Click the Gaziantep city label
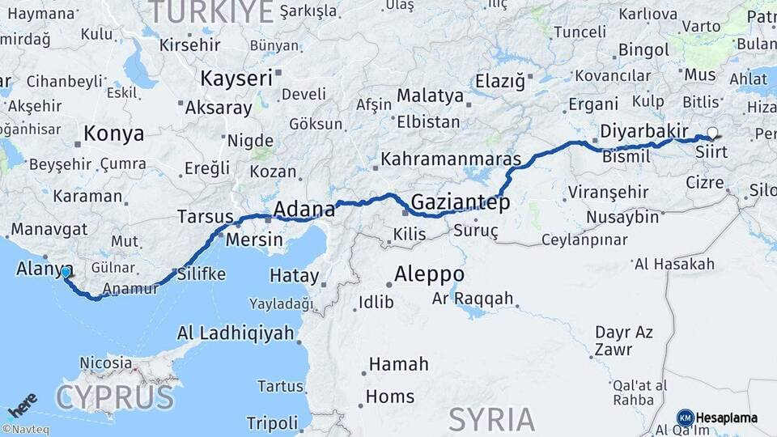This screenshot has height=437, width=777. pyautogui.click(x=461, y=202)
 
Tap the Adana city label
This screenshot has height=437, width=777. pyautogui.click(x=304, y=210)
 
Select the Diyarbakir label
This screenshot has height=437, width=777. pyautogui.click(x=644, y=131)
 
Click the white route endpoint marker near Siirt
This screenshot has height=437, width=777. pyautogui.click(x=712, y=134)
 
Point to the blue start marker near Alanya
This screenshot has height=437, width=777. pyautogui.click(x=66, y=273)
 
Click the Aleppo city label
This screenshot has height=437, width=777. pyautogui.click(x=429, y=274)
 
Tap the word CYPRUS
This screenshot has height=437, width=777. pyautogui.click(x=114, y=397)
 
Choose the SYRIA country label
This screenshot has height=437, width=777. pyautogui.click(x=491, y=419)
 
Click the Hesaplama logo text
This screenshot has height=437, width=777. pyautogui.click(x=727, y=418)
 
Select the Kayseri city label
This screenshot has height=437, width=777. pyautogui.click(x=236, y=79)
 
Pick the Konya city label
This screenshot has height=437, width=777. pyautogui.click(x=114, y=134)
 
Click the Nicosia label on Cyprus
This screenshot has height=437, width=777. pyautogui.click(x=106, y=363)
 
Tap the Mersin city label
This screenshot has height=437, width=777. pyautogui.click(x=254, y=240)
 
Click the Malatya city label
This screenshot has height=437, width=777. pyautogui.click(x=430, y=95)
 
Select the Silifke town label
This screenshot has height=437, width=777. pyautogui.click(x=202, y=274)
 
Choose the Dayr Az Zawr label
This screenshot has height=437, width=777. pyautogui.click(x=624, y=341)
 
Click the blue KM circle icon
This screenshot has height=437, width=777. pyautogui.click(x=685, y=418)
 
